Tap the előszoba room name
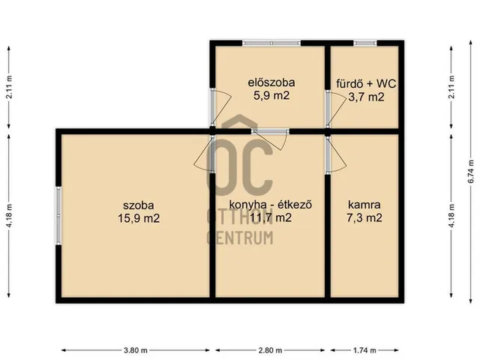271,82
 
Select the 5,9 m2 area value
271,95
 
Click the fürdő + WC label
365,83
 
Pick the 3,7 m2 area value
365,96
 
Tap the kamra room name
365,205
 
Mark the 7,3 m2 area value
365,218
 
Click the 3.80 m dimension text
136,350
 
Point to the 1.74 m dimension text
364,350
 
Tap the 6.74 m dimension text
471,172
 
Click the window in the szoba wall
57,215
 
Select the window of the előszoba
271,43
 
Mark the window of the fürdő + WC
365,43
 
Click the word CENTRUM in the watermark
240,238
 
